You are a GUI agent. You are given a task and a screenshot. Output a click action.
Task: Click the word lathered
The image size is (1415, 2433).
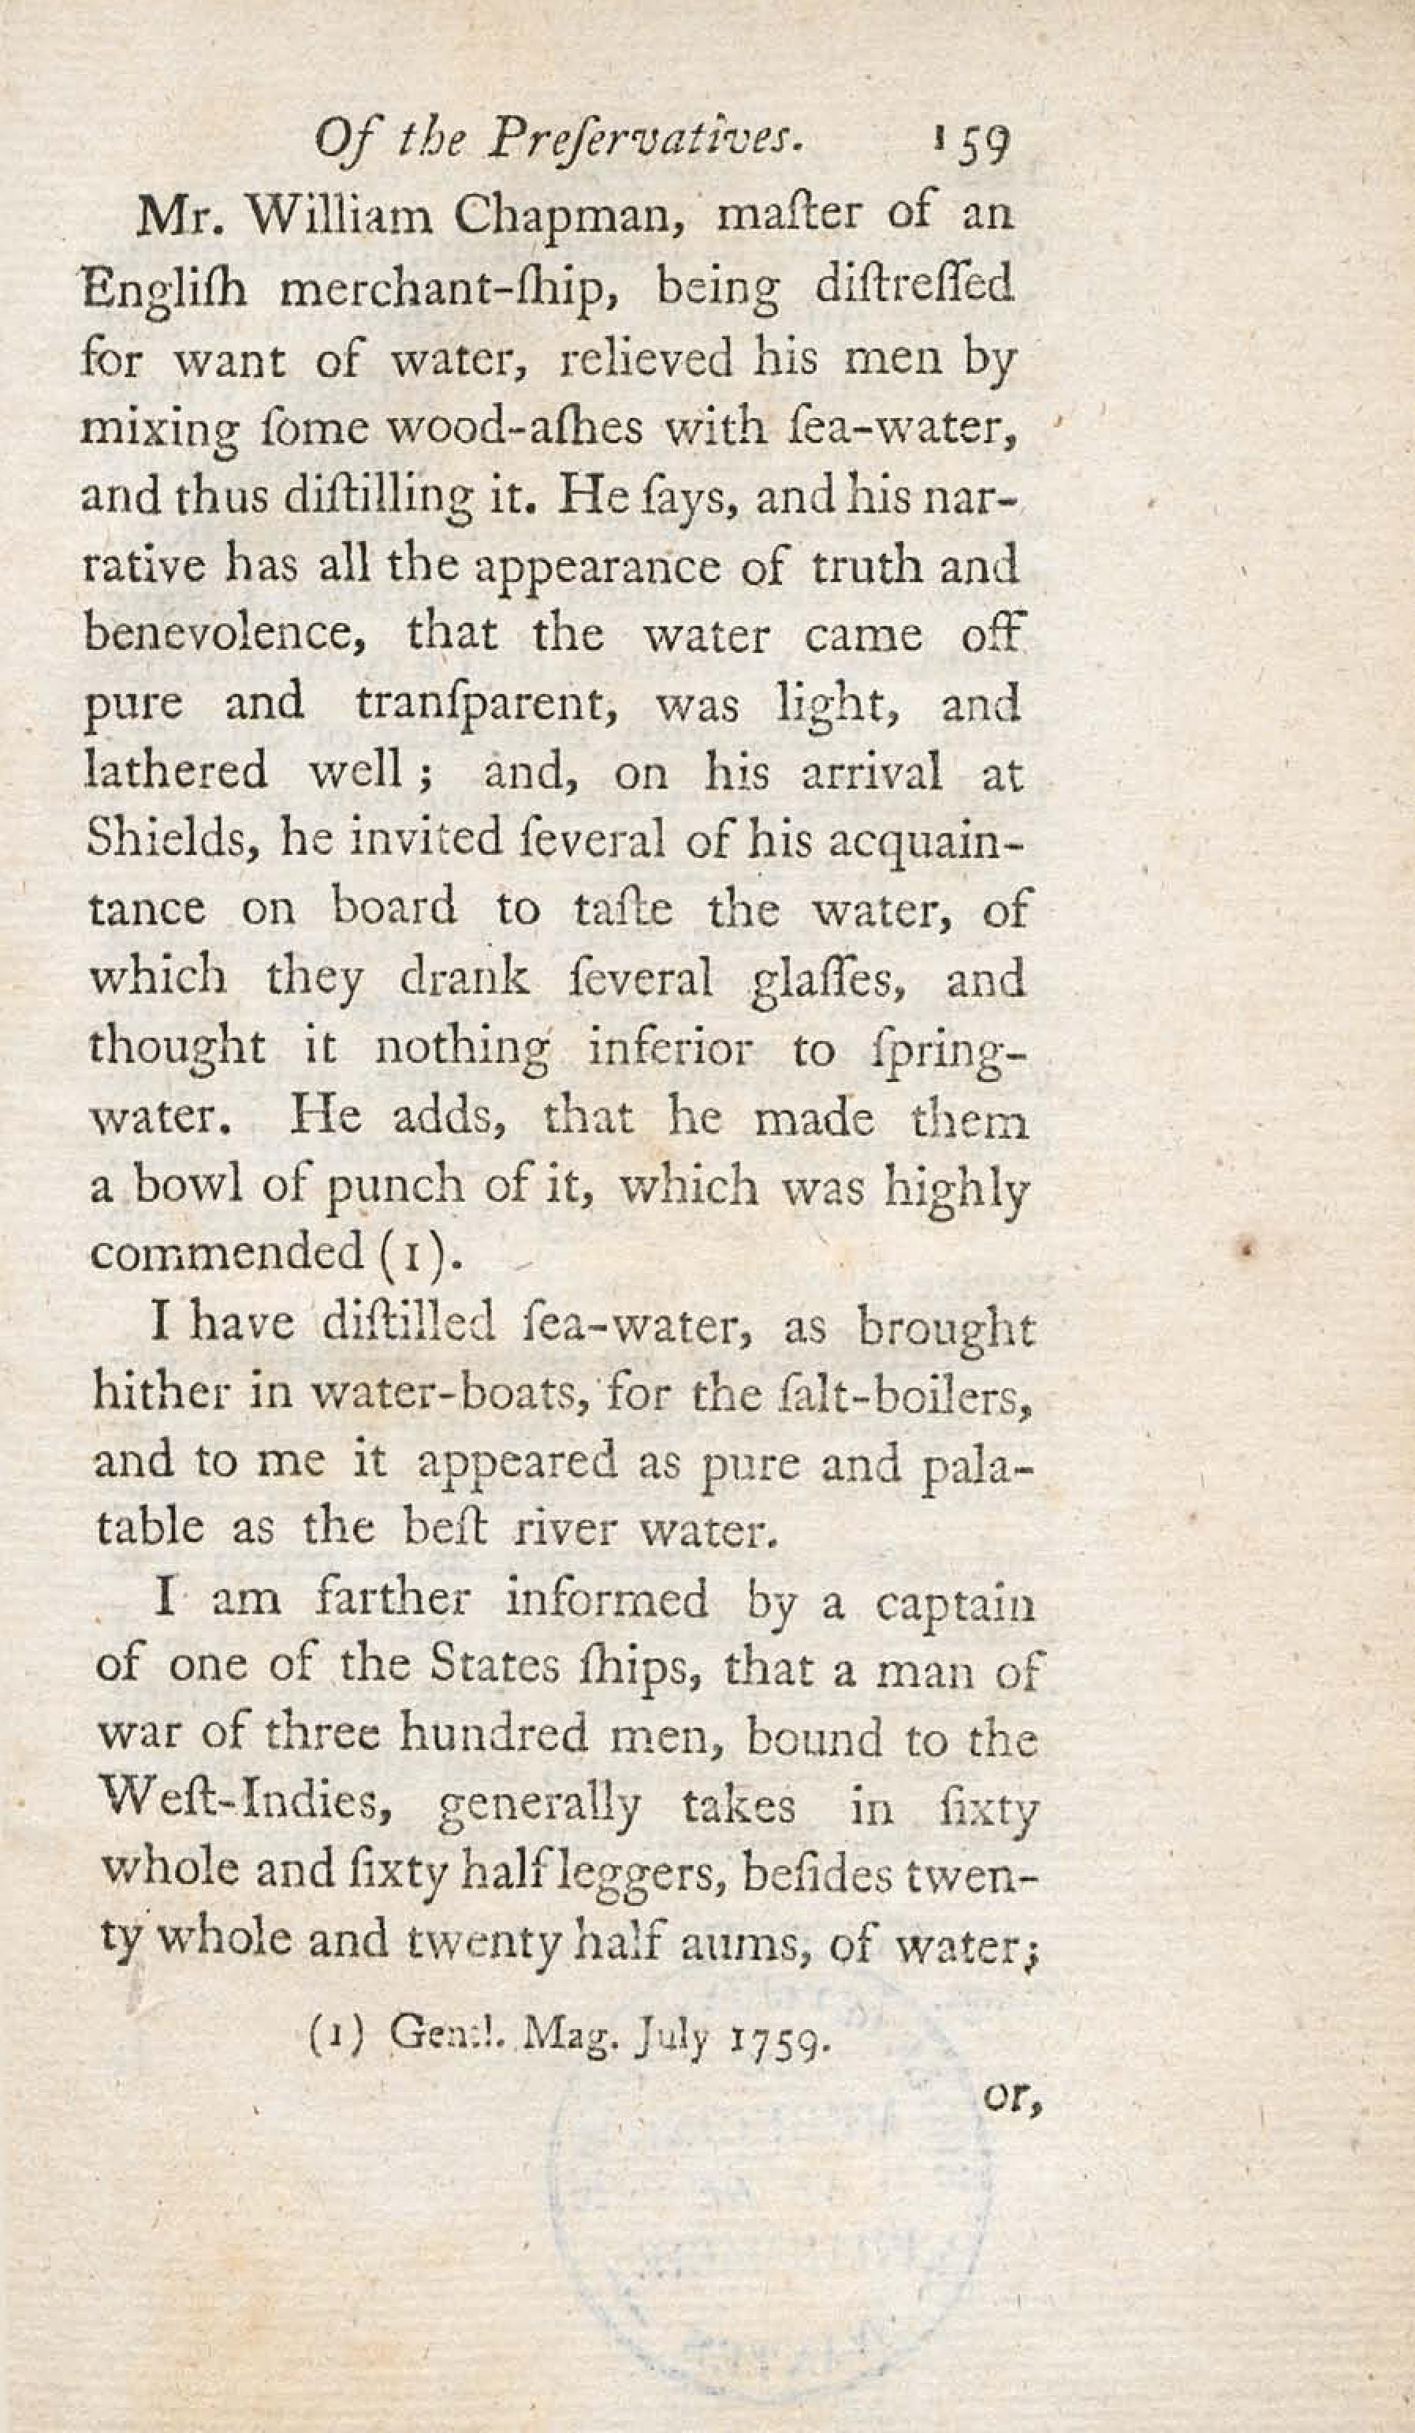(x=176, y=771)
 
